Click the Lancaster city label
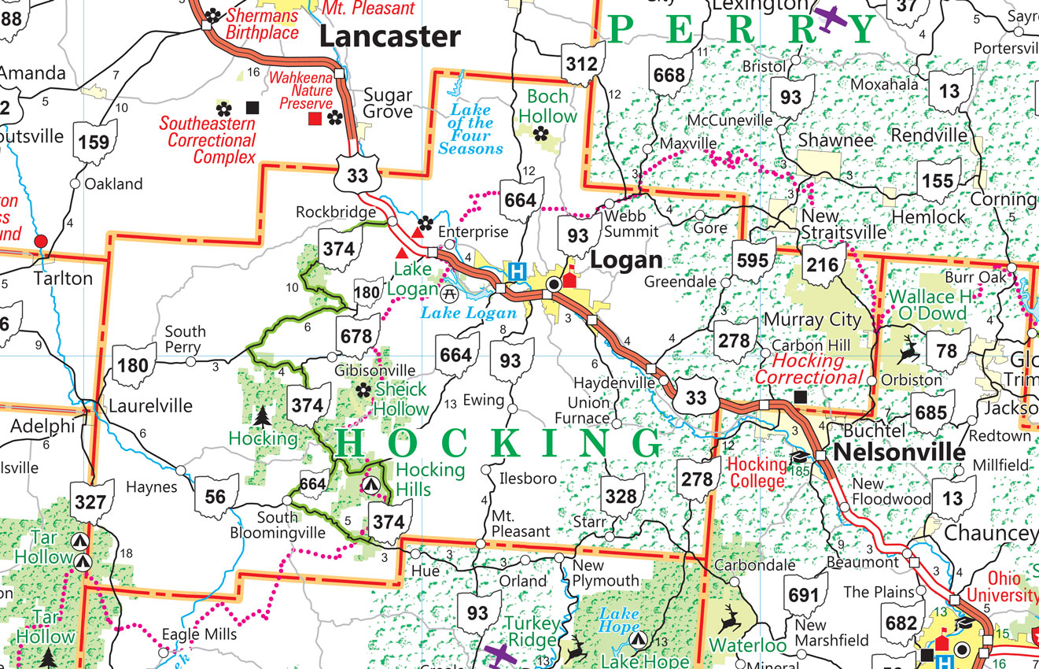389,36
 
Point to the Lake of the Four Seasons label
470,129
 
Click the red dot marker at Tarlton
40,241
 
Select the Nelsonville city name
899,453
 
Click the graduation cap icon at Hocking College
799,456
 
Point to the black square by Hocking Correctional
801,397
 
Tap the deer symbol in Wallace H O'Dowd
908,351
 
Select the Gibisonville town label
375,370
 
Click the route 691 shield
803,595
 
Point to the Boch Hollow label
547,106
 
